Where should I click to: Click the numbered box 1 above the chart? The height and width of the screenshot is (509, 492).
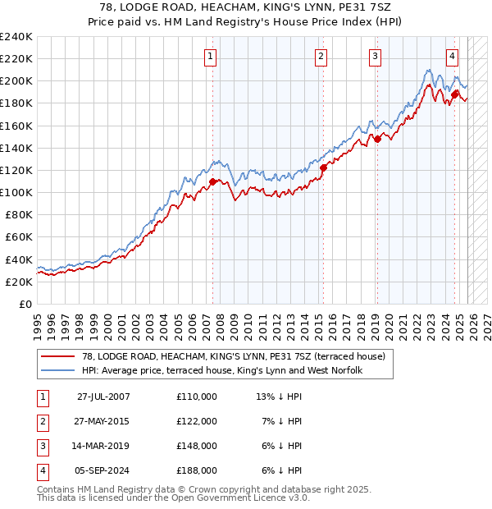(x=211, y=57)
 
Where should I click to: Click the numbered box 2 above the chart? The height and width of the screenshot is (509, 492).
(x=321, y=57)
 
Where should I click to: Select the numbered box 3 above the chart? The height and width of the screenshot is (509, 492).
(x=374, y=57)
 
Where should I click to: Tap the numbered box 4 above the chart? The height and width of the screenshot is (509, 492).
(x=452, y=57)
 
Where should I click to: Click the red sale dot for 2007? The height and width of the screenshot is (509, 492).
(x=213, y=181)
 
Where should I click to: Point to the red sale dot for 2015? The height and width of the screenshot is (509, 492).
(x=323, y=167)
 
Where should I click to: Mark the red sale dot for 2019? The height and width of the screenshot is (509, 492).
(x=377, y=139)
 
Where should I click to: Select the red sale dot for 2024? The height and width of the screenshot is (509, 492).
(x=454, y=94)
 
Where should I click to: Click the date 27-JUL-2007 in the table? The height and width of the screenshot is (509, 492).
(x=103, y=397)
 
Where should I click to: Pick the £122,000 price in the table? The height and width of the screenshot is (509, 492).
(x=197, y=421)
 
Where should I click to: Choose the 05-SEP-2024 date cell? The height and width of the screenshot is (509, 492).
(x=103, y=471)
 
